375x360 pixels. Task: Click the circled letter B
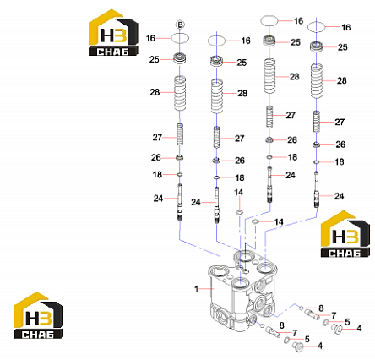pyautogui.click(x=180, y=25)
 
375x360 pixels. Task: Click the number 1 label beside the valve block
pyautogui.click(x=196, y=289)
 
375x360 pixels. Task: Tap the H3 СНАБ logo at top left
pyautogui.click(x=113, y=33)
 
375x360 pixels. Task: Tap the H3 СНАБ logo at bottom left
pyautogui.click(x=39, y=315)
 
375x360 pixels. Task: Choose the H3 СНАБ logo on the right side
pyautogui.click(x=345, y=234)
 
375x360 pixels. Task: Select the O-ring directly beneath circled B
pyautogui.click(x=180, y=38)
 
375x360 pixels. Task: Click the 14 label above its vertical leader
pyautogui.click(x=238, y=193)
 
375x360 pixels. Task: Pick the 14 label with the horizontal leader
pyautogui.click(x=279, y=222)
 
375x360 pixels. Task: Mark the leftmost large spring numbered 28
pyautogui.click(x=180, y=93)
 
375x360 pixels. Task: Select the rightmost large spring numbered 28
pyautogui.click(x=317, y=81)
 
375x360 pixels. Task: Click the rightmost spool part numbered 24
pyautogui.click(x=317, y=190)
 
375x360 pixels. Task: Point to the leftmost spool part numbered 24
pyautogui.click(x=180, y=202)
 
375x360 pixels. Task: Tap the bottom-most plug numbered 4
pyautogui.click(x=297, y=346)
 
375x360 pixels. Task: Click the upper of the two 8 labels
pyautogui.click(x=321, y=308)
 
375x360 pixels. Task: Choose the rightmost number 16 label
pyautogui.click(x=346, y=27)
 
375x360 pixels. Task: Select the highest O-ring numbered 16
pyautogui.click(x=269, y=20)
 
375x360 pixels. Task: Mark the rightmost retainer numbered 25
pyautogui.click(x=317, y=46)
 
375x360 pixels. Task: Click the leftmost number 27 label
pyautogui.click(x=157, y=138)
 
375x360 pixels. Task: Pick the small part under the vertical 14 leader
pyautogui.click(x=239, y=211)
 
